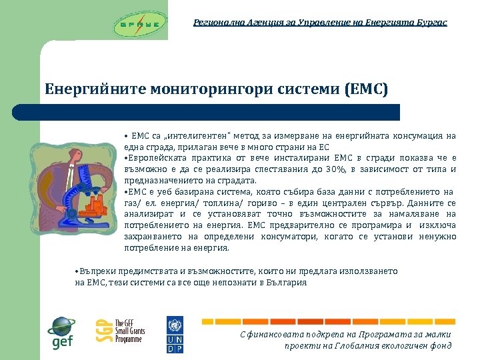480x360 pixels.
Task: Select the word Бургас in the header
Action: coord(431,23)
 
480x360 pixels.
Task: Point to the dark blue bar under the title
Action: coord(220,112)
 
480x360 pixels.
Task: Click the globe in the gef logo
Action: coord(61,327)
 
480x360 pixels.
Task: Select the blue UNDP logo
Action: coord(174,335)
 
